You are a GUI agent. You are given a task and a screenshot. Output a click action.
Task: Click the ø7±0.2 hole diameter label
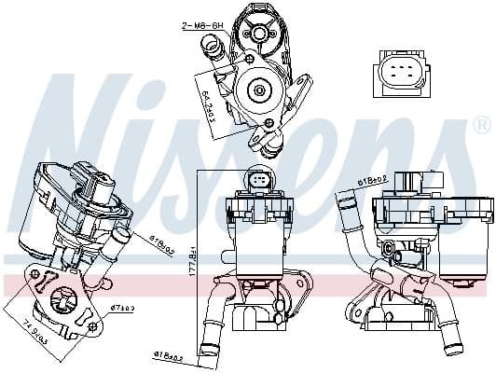click(x=122, y=307)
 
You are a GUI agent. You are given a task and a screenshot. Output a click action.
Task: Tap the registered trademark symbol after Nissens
click(x=481, y=124)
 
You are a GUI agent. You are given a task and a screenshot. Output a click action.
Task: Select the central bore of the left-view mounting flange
click(x=66, y=301)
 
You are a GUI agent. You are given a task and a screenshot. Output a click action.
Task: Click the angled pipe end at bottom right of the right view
click(x=453, y=348)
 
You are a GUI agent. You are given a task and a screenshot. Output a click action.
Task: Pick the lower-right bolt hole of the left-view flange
click(x=93, y=327)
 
